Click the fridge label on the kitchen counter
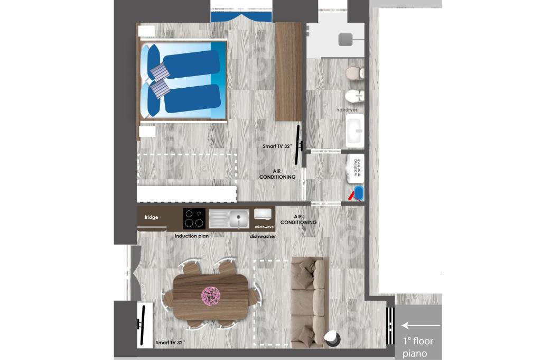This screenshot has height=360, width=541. (151, 217)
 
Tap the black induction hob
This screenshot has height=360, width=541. (194, 219)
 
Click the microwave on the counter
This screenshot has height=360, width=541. (263, 214)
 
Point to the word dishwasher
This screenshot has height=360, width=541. (263, 236)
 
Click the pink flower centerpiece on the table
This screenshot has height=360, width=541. (211, 296)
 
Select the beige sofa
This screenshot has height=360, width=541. (309, 302)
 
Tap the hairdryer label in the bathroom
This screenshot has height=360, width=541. (347, 110)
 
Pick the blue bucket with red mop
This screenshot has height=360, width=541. (357, 193)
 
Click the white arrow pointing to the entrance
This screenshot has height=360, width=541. (421, 325)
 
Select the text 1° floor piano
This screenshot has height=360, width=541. (417, 347)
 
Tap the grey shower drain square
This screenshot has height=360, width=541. (346, 39)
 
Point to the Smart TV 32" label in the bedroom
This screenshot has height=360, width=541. (277, 146)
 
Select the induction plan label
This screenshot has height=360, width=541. (191, 236)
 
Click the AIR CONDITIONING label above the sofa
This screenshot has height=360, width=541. (299, 219)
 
